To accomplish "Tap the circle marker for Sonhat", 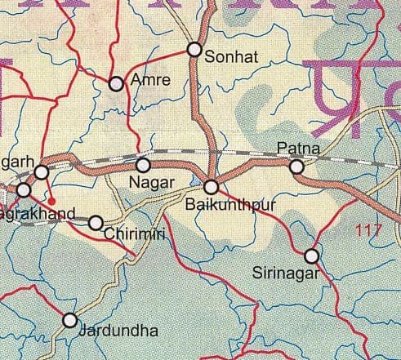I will [x=194, y=50].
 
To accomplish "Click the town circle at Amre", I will [x=116, y=82].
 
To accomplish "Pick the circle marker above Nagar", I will [x=143, y=165].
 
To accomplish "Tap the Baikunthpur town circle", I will [x=211, y=186].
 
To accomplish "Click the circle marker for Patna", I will [x=297, y=167].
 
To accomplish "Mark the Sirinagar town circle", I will [x=311, y=256].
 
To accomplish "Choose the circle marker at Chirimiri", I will [x=96, y=222].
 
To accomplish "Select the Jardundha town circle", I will [x=70, y=320].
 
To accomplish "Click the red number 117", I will [x=370, y=231].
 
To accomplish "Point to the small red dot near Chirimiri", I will [x=51, y=198].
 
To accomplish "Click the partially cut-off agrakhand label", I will [x=38, y=215].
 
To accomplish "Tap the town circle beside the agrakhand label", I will [x=24, y=189].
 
